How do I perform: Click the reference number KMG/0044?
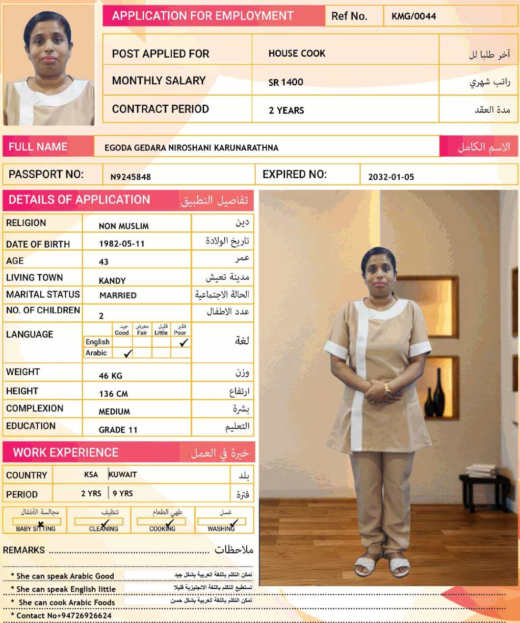coord(414,16)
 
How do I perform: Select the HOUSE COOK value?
coord(297,53)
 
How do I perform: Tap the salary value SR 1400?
coord(286,82)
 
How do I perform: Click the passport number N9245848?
coord(130,177)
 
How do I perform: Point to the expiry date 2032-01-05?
coord(391,177)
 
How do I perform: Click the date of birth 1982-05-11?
coord(122,243)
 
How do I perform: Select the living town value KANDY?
coord(112,281)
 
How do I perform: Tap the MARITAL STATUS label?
coord(43,294)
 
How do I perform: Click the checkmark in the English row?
coord(183,343)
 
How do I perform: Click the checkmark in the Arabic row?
coord(128,353)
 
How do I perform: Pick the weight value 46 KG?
coord(111,376)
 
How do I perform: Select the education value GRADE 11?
coord(118,430)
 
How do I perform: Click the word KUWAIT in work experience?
coord(123,474)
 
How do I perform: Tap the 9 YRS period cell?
coord(123,493)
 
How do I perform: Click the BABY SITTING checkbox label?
coord(35,528)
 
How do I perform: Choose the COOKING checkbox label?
coord(162,528)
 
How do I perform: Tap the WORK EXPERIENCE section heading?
coord(66,453)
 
